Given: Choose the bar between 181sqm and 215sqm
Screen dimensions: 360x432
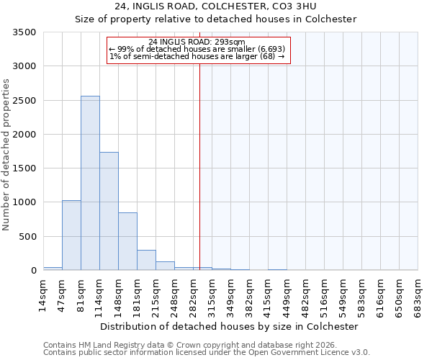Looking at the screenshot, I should click(146, 260).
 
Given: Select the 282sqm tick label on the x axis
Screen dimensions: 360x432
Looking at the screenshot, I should click(193, 295).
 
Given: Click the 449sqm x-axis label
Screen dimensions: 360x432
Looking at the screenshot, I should click(287, 295).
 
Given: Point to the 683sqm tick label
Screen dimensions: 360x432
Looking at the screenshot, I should click(418, 295).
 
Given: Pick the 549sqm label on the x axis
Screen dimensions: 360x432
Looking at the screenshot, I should click(343, 295).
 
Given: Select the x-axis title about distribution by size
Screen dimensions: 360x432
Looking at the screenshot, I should click(229, 326).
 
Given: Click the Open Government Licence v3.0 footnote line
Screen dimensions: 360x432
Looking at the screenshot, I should click(207, 353).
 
